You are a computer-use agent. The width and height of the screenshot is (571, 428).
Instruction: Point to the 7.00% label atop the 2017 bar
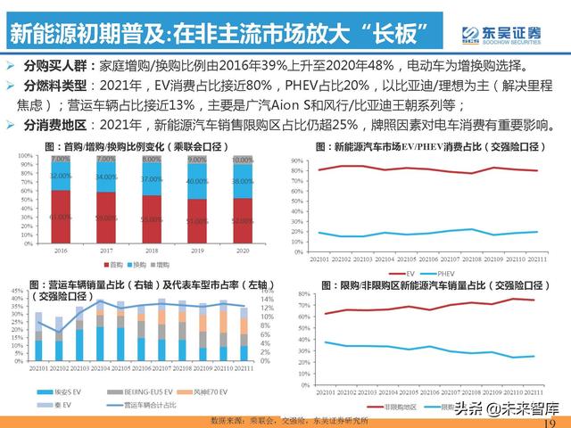[x=105, y=159]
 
